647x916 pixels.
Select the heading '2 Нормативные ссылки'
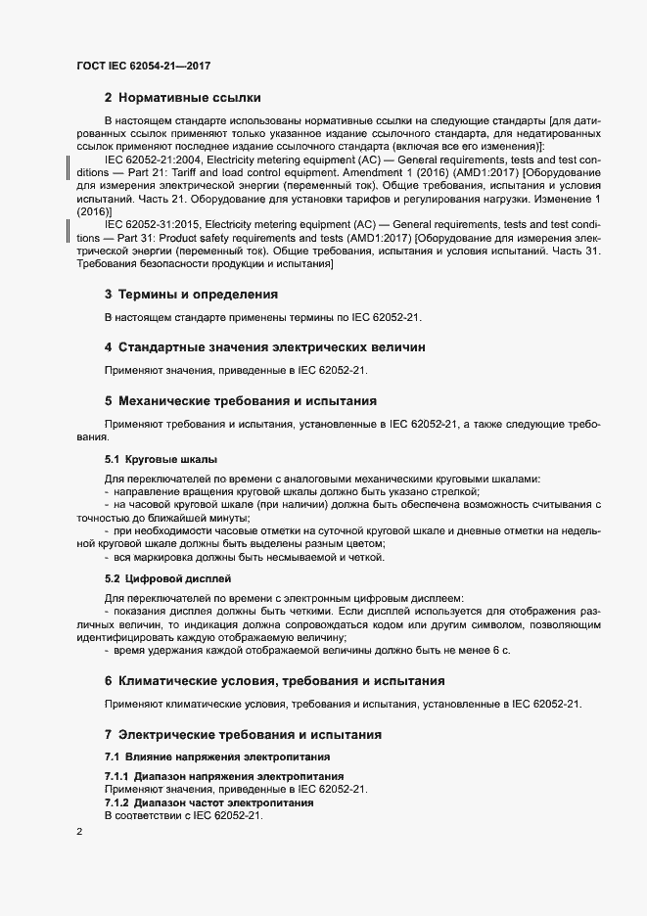click(182, 98)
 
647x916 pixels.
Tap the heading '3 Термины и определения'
click(192, 294)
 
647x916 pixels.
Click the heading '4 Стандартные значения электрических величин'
click(264, 346)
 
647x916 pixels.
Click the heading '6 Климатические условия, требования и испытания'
click(274, 680)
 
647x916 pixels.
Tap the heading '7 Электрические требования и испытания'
click(243, 734)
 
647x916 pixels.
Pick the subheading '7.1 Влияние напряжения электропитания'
click(216, 757)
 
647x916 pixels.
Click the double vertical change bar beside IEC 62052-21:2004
click(67, 165)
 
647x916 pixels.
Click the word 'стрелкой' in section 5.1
click(456, 490)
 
